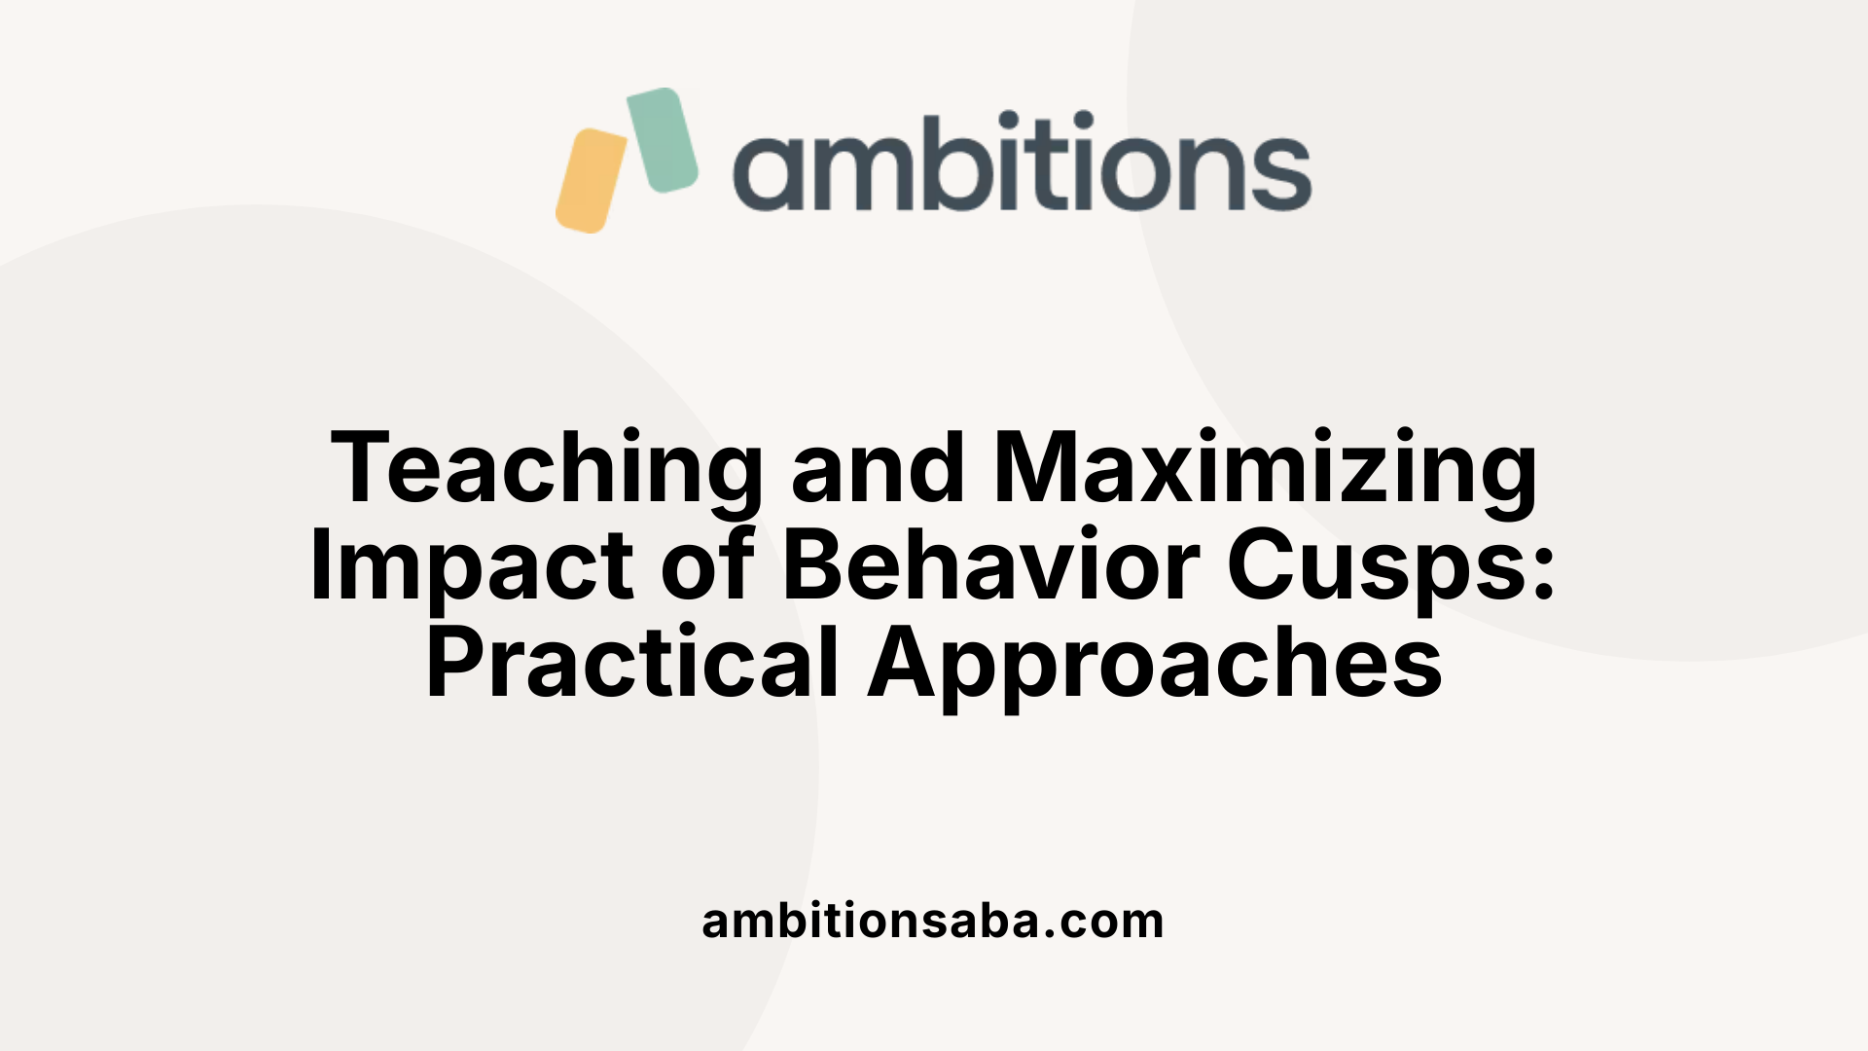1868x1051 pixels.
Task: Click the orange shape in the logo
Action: pyautogui.click(x=592, y=181)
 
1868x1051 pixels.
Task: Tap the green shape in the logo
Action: pyautogui.click(x=663, y=139)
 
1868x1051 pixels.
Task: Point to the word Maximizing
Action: pyautogui.click(x=1265, y=469)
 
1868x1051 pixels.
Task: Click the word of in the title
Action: pyautogui.click(x=707, y=566)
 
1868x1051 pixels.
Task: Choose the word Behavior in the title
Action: pyautogui.click(x=990, y=566)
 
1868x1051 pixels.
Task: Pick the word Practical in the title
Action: pyautogui.click(x=632, y=664)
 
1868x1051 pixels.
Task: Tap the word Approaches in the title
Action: pyautogui.click(x=1155, y=664)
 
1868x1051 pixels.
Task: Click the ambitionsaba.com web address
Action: pyautogui.click(x=933, y=921)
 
